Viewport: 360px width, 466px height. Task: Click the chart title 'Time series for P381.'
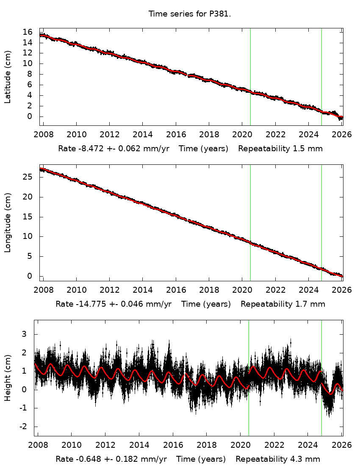click(189, 14)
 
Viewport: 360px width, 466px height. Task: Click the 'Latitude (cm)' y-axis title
click(8, 77)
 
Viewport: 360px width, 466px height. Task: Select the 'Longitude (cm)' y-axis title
click(8, 223)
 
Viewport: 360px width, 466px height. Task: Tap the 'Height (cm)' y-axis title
click(8, 378)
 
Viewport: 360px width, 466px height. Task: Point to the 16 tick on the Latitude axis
click(28, 32)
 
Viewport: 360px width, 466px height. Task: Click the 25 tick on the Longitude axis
click(28, 177)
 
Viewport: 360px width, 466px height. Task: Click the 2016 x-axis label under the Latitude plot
click(176, 135)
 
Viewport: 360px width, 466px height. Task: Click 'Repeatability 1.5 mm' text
click(280, 149)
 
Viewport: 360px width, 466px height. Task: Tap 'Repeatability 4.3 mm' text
click(278, 459)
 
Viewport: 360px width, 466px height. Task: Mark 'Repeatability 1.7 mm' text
click(282, 304)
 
